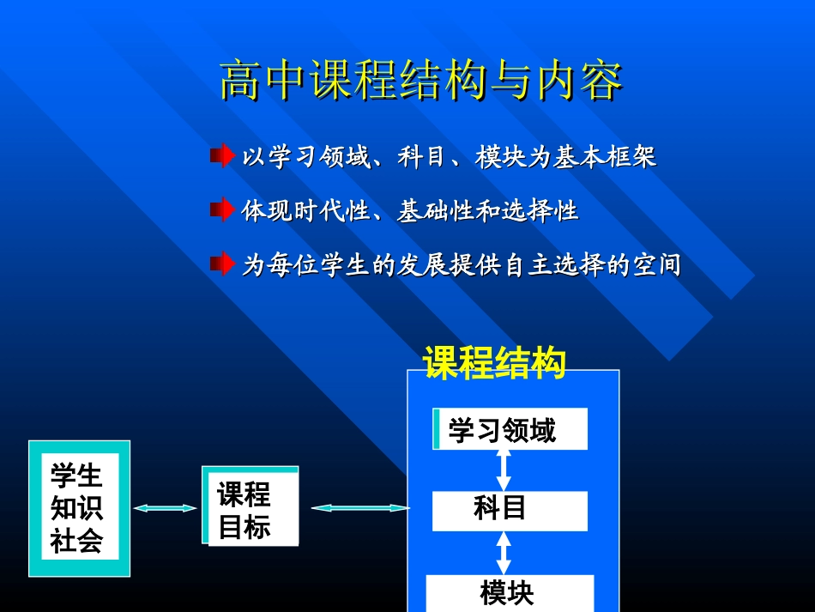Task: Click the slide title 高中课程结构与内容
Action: pyautogui.click(x=420, y=82)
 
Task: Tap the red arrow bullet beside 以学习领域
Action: pyautogui.click(x=222, y=156)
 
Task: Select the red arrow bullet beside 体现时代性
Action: pyautogui.click(x=222, y=209)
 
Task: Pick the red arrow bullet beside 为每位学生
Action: pyautogui.click(x=222, y=263)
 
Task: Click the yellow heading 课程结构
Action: pyautogui.click(x=494, y=362)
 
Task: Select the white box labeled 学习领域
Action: pyautogui.click(x=510, y=429)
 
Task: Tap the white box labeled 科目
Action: pyautogui.click(x=510, y=511)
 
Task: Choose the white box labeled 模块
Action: pyautogui.click(x=509, y=593)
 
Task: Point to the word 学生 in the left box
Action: pyautogui.click(x=76, y=476)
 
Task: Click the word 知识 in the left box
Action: pyautogui.click(x=76, y=508)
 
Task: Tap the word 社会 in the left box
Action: pyautogui.click(x=76, y=541)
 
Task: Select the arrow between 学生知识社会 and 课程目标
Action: pyautogui.click(x=166, y=508)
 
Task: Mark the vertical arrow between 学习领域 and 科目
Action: pyautogui.click(x=504, y=470)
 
